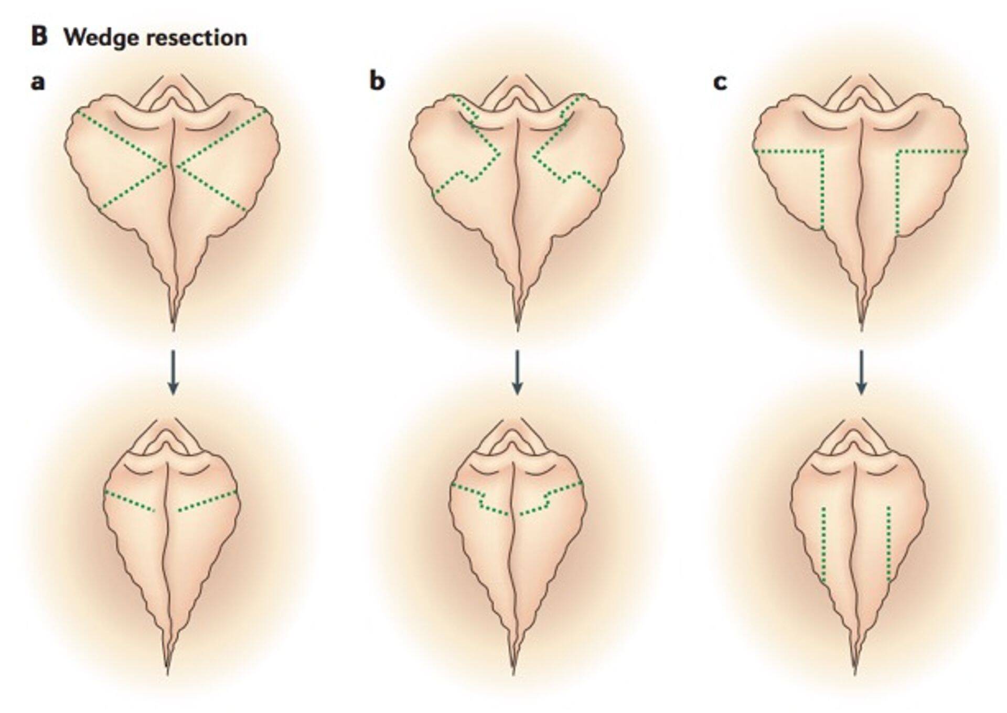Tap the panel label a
38,82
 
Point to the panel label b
377,81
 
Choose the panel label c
720,82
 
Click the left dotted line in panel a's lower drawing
130,501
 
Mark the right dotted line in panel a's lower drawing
208,501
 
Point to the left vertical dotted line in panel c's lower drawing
823,544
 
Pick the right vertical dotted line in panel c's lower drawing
888,544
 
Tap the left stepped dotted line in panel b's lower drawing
480,498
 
